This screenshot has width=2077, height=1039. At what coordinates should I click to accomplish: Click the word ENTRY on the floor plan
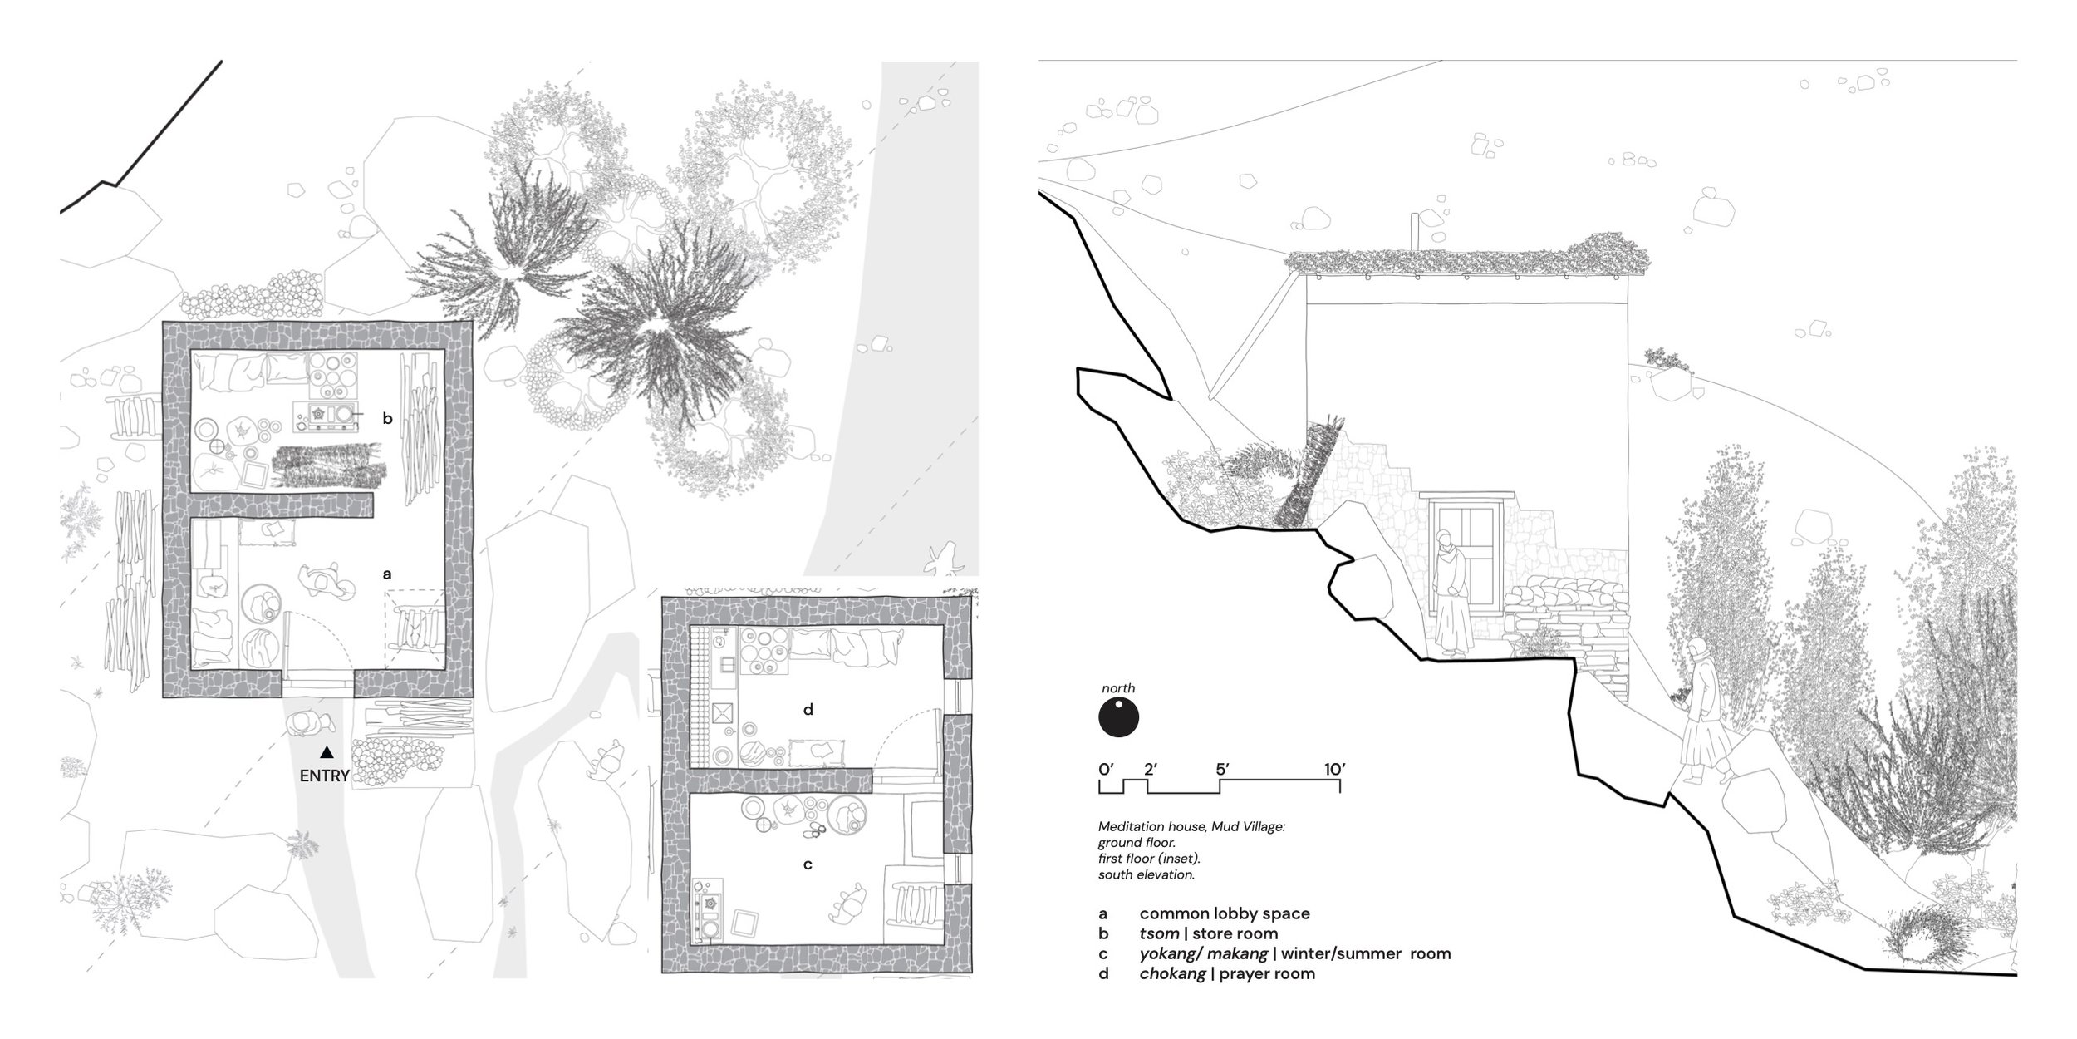coord(325,776)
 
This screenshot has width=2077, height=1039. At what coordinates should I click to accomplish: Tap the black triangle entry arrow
coord(327,752)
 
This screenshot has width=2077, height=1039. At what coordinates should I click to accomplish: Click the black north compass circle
coord(1118,717)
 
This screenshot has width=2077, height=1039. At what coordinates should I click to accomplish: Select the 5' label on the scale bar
coord(1223,769)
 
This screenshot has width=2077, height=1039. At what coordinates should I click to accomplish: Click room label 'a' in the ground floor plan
coord(386,574)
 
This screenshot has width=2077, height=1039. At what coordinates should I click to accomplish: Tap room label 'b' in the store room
coord(387,418)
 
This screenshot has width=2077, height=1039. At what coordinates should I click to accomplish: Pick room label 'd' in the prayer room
coord(808,709)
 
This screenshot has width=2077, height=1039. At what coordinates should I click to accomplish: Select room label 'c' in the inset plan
coord(808,865)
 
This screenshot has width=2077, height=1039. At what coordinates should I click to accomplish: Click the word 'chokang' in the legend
coord(1172,973)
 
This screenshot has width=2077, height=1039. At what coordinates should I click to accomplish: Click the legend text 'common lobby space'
coord(1225,913)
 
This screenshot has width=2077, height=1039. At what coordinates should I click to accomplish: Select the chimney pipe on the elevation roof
coord(1416,231)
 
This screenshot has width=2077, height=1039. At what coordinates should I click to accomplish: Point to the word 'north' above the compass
coord(1118,688)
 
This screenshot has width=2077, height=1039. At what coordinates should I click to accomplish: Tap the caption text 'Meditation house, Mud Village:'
coord(1192,828)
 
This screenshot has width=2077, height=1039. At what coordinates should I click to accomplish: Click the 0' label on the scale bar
coord(1105,769)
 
